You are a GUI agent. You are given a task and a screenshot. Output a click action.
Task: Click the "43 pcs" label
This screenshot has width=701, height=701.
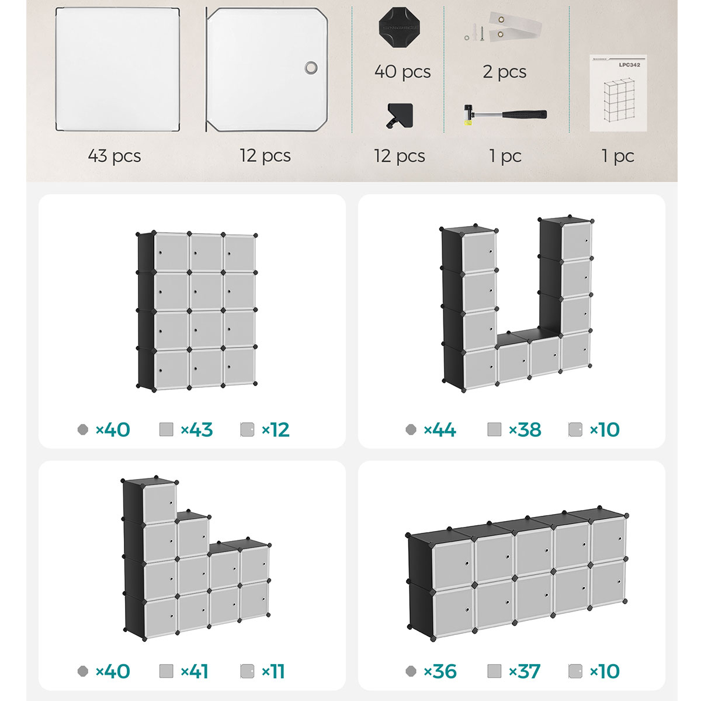coord(114,156)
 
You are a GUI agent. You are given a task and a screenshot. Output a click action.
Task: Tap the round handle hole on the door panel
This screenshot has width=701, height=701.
coord(311,67)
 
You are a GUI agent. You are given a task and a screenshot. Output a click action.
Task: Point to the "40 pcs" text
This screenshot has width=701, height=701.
coord(402,72)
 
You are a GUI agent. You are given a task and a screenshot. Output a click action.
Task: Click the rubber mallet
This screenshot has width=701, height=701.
coord(505,114)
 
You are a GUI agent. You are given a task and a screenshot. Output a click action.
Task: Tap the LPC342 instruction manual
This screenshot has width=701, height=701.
coord(618,93)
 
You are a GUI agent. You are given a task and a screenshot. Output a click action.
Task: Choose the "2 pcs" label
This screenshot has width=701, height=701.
coord(504,72)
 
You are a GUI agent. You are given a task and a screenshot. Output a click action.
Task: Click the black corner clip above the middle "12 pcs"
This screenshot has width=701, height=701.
coord(400,115)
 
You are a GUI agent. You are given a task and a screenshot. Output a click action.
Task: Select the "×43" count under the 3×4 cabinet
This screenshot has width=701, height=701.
coord(196,429)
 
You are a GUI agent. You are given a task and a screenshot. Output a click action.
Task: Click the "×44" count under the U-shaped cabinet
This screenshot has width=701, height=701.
coord(439,429)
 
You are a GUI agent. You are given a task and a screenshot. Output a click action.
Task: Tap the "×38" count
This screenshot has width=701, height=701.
coord(525,429)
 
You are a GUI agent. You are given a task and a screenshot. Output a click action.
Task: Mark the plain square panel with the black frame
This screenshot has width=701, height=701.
coord(117,69)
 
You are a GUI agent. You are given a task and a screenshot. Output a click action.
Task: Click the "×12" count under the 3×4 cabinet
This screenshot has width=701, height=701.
coord(275,429)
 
